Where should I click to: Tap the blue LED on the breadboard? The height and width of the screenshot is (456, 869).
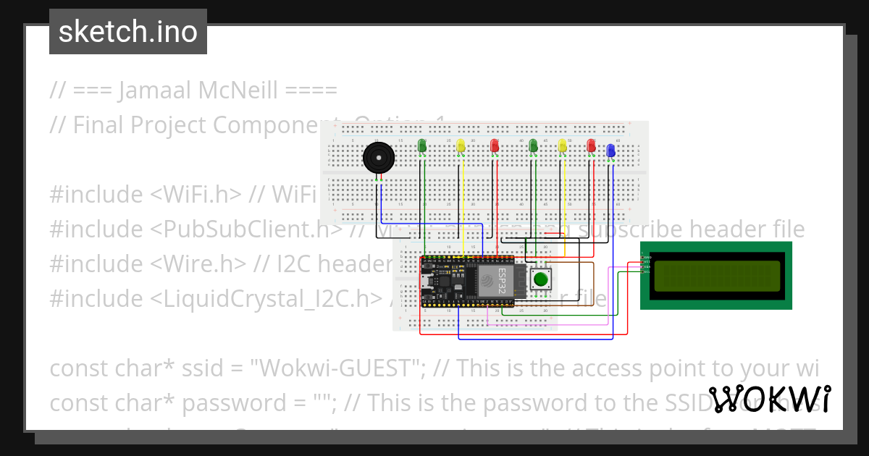pyautogui.click(x=610, y=150)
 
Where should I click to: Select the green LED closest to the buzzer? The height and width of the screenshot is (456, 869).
pyautogui.click(x=423, y=146)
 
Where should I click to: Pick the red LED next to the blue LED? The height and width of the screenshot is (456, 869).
pyautogui.click(x=592, y=146)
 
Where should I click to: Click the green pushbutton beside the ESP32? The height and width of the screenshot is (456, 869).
pyautogui.click(x=540, y=279)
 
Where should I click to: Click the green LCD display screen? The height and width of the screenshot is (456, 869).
pyautogui.click(x=717, y=276)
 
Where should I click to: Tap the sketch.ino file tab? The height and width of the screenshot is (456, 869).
pyautogui.click(x=128, y=32)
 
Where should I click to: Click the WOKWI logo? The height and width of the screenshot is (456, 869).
pyautogui.click(x=769, y=400)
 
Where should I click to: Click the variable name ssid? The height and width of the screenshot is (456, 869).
pyautogui.click(x=204, y=368)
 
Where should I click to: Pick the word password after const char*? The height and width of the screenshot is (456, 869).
pyautogui.click(x=229, y=403)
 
